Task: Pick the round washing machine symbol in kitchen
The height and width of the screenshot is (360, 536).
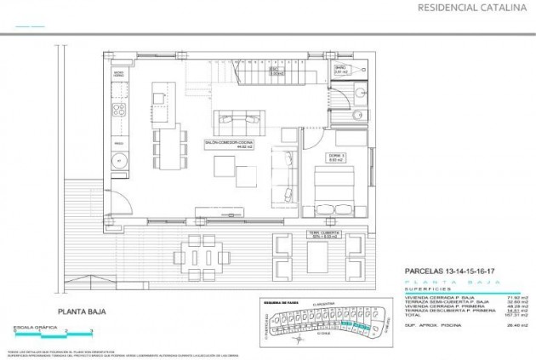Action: point(120,159)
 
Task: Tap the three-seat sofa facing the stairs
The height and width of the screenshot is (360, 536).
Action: point(236,119)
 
